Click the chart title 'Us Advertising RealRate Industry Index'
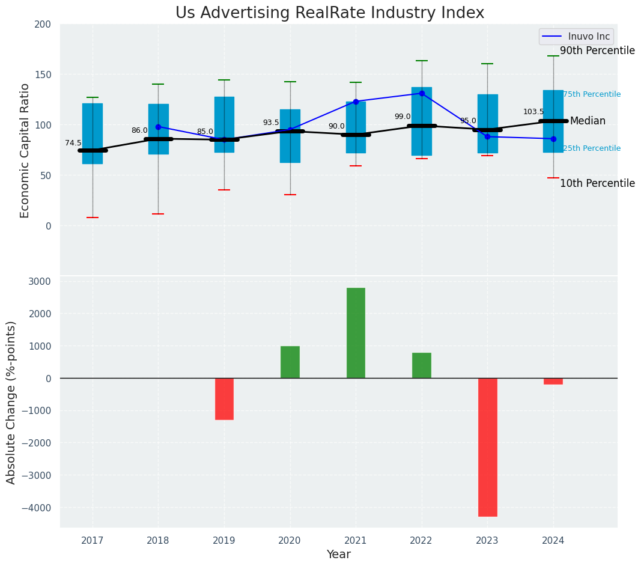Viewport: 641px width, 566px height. (330, 13)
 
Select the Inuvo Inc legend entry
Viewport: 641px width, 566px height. (576, 37)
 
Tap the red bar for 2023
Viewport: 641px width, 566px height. (487, 447)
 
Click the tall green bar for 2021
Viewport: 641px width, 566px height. (356, 333)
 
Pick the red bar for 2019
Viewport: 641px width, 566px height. (224, 398)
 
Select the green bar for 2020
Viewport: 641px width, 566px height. (290, 362)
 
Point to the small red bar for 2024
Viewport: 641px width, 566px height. (553, 381)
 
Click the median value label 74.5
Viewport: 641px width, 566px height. (73, 143)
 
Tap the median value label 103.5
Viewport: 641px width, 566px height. (533, 112)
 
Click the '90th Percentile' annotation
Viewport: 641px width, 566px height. (597, 51)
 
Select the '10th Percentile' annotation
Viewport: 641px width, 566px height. (597, 184)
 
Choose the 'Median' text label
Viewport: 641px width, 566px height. (588, 121)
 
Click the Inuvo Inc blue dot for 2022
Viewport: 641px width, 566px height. (422, 93)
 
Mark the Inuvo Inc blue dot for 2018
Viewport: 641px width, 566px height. (158, 127)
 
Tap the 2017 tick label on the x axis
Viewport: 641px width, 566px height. (93, 541)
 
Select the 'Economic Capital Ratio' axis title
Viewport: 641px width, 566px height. (25, 150)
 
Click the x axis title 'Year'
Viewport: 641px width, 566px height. (339, 555)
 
